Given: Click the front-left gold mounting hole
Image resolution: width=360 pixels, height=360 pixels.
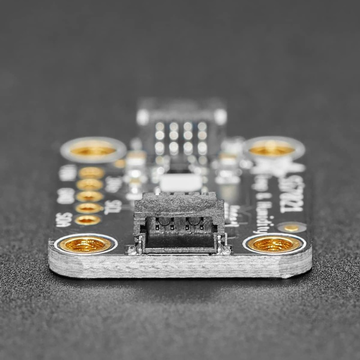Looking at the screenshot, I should tap(85, 244).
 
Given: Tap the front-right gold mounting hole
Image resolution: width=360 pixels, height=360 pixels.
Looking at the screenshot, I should tap(274, 244).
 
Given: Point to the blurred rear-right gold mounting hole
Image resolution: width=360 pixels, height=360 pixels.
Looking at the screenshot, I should tap(272, 148).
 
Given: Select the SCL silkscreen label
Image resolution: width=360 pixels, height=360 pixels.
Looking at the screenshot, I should tap(112, 207).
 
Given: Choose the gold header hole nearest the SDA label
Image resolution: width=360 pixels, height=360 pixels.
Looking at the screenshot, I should tap(88, 220).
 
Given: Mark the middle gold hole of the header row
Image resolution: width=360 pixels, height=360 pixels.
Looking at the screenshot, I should tap(89, 196).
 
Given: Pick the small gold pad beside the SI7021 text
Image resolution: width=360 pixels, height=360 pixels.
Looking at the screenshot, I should tap(291, 228).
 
